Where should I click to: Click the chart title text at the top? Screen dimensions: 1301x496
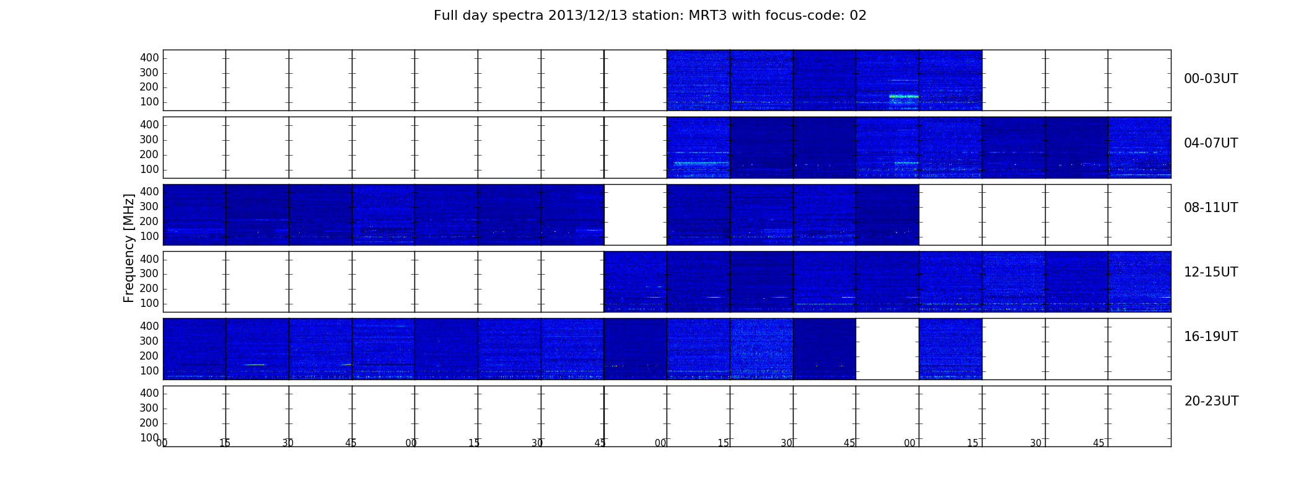pyautogui.click(x=650, y=15)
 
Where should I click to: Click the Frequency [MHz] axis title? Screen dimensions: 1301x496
pyautogui.click(x=129, y=248)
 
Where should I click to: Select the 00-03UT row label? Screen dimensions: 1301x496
pyautogui.click(x=1211, y=79)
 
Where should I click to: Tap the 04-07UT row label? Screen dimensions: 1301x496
pyautogui.click(x=1211, y=143)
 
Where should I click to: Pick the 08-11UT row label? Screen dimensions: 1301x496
pyautogui.click(x=1211, y=208)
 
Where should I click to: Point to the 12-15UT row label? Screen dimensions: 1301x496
pyautogui.click(x=1211, y=272)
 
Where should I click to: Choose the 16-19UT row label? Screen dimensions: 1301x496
pyautogui.click(x=1211, y=337)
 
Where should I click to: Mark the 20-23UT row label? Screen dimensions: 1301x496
pyautogui.click(x=1211, y=401)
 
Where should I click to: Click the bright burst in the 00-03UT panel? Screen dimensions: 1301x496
pyautogui.click(x=903, y=96)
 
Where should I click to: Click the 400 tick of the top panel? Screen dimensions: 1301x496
pyautogui.click(x=149, y=58)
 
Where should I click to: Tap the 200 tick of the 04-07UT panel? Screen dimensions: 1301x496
pyautogui.click(x=149, y=155)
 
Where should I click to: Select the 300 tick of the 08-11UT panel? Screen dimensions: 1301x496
pyautogui.click(x=149, y=207)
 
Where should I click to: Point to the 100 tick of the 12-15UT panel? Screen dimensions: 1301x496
pyautogui.click(x=149, y=304)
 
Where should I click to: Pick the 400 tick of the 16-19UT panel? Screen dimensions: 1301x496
pyautogui.click(x=149, y=326)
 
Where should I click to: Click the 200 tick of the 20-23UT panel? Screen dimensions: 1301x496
pyautogui.click(x=149, y=423)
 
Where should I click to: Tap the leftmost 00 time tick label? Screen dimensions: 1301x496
pyautogui.click(x=162, y=443)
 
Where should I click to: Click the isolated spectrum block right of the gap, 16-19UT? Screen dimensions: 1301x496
pyautogui.click(x=950, y=348)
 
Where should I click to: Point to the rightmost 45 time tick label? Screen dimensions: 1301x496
pyautogui.click(x=1098, y=443)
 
